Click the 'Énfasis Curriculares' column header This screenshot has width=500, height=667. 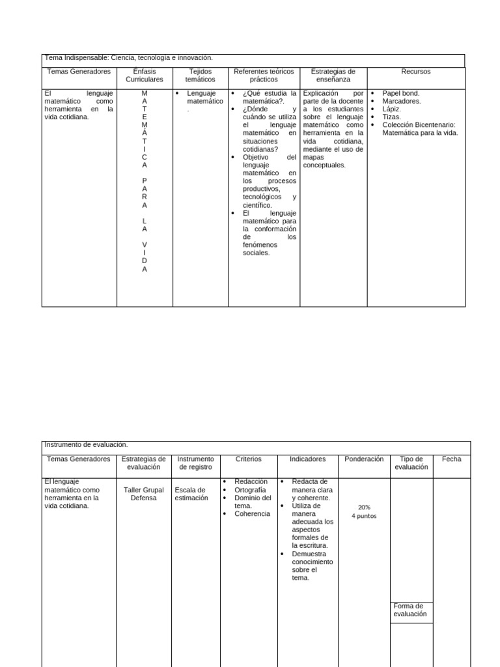click(145, 76)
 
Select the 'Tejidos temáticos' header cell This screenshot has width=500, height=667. click(200, 76)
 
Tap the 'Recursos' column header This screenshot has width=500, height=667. click(416, 72)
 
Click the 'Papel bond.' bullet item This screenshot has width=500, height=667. click(400, 93)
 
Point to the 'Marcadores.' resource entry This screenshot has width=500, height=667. click(401, 101)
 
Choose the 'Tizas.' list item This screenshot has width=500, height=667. click(391, 117)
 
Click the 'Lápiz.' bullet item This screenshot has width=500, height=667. click(391, 109)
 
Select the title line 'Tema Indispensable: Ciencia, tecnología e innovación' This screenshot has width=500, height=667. click(128, 58)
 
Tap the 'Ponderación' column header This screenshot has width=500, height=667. click(364, 459)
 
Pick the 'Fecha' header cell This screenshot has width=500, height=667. click(451, 459)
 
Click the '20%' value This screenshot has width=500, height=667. click(364, 507)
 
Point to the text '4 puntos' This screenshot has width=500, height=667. click(364, 516)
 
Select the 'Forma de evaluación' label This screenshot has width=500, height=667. click(410, 610)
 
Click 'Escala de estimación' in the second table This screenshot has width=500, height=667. click(191, 494)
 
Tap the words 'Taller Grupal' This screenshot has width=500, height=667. click(144, 490)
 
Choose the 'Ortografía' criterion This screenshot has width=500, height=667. click(250, 490)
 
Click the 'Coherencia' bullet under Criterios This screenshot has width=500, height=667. click(252, 513)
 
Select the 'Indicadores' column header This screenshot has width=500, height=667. click(307, 459)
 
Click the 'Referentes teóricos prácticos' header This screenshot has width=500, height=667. click(264, 76)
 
